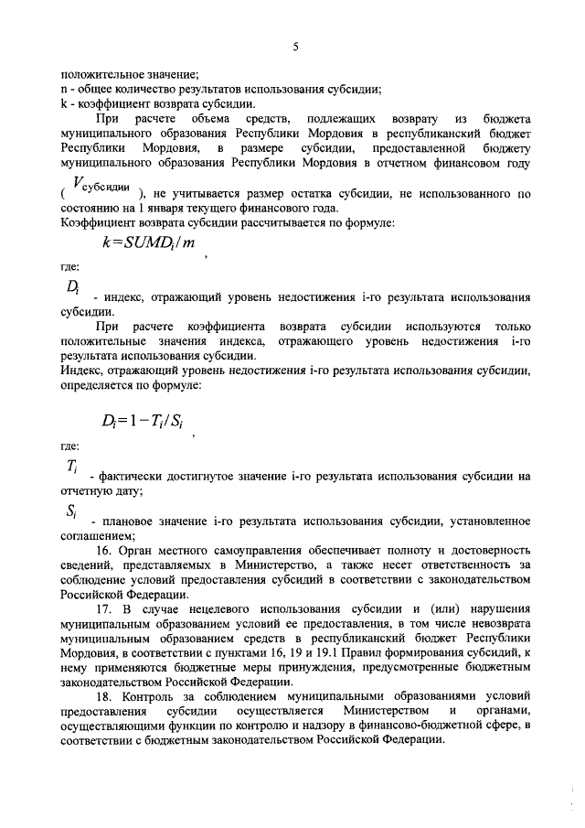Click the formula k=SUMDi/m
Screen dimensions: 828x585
click(150, 243)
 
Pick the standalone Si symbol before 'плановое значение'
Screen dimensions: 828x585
click(71, 511)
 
